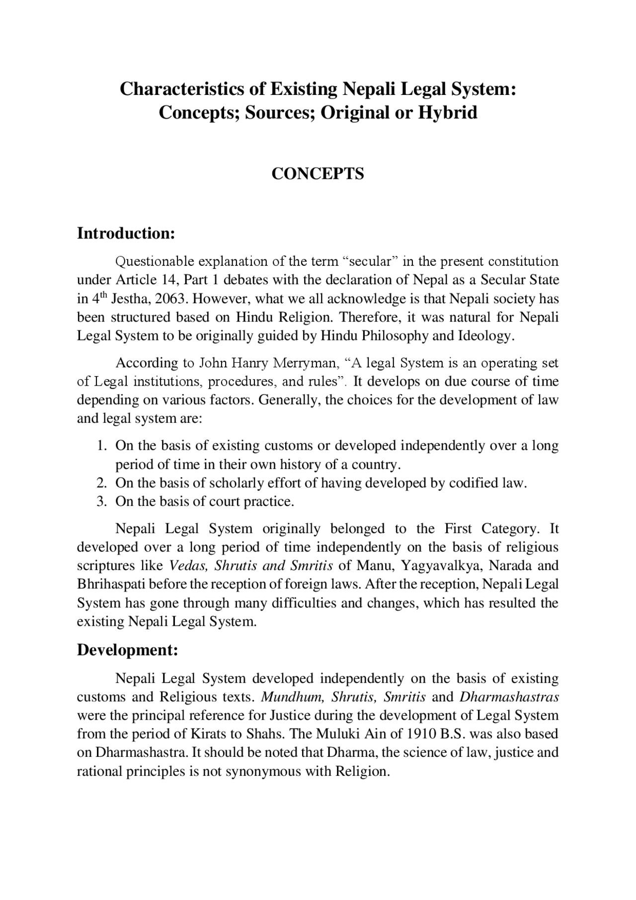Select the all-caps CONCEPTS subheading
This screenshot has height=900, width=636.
pyautogui.click(x=318, y=173)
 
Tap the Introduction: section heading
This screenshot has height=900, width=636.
pyautogui.click(x=126, y=233)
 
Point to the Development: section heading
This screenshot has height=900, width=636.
pyautogui.click(x=127, y=650)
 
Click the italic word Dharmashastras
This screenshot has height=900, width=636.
pyautogui.click(x=509, y=697)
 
